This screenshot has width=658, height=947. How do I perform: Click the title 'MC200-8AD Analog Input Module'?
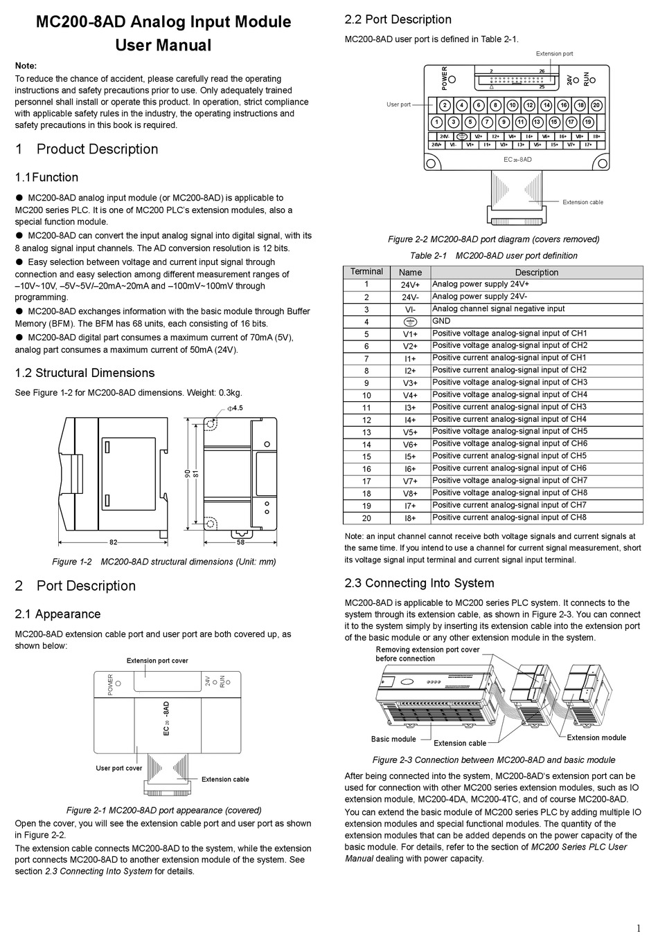click(x=163, y=22)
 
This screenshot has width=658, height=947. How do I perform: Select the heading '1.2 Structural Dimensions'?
click(x=85, y=373)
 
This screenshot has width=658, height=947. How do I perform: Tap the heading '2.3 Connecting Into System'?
click(x=419, y=583)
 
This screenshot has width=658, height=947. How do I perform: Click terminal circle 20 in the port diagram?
click(x=596, y=106)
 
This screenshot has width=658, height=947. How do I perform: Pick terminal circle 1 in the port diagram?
click(x=436, y=122)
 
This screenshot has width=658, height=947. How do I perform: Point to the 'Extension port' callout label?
click(x=554, y=54)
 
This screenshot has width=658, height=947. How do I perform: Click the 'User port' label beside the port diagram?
click(x=398, y=104)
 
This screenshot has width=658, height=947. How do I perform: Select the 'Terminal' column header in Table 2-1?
click(x=366, y=272)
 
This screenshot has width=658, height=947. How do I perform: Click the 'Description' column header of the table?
click(x=536, y=273)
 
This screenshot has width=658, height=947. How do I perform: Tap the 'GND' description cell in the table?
click(x=441, y=321)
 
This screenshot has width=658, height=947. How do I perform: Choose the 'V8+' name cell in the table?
click(x=410, y=494)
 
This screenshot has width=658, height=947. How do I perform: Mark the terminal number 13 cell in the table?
click(x=366, y=432)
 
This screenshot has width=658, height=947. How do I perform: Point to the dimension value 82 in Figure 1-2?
click(x=113, y=543)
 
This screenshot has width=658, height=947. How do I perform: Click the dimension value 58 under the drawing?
click(x=241, y=543)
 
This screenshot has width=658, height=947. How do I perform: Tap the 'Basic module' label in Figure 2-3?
click(x=393, y=739)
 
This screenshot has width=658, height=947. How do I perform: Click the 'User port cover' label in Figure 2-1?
click(x=119, y=768)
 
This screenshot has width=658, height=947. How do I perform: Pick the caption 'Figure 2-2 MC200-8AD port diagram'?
click(x=493, y=239)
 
